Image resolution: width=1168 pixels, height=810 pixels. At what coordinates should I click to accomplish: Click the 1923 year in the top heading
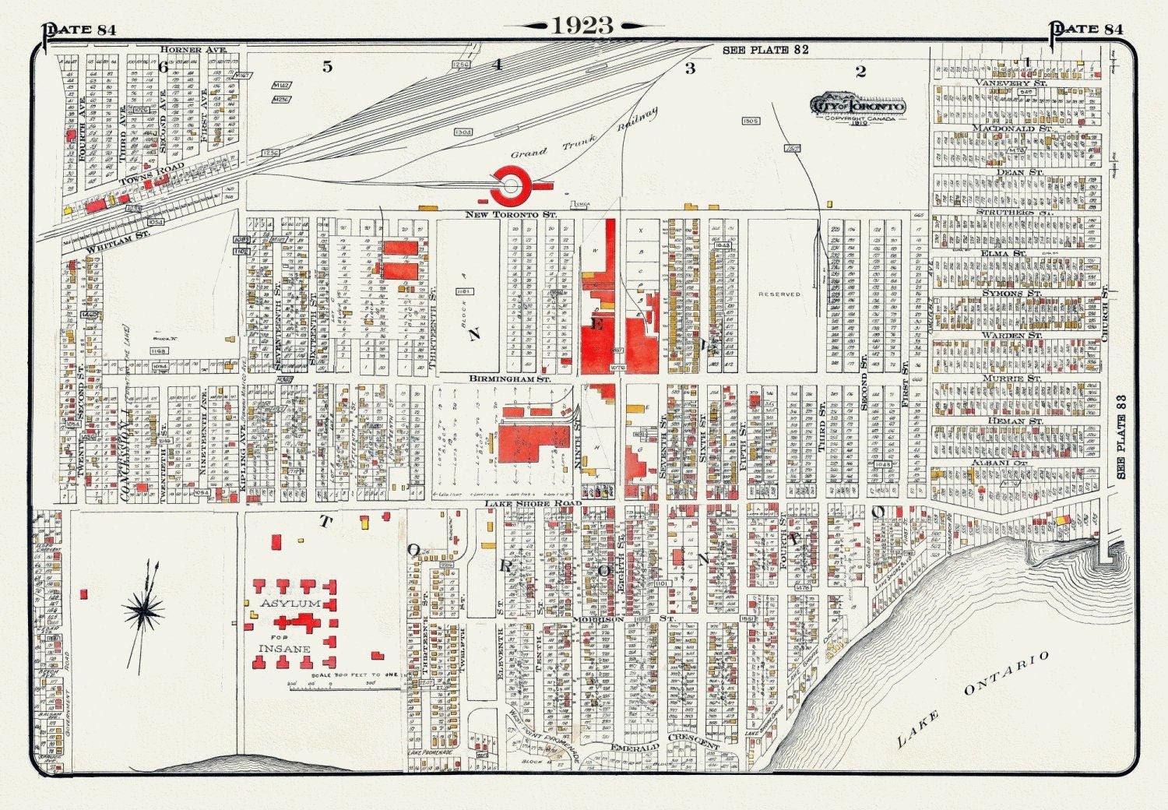click(583, 26)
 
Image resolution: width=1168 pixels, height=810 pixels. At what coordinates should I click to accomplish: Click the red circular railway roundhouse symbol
click(511, 185)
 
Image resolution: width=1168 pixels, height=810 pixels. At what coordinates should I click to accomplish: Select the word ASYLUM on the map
click(290, 604)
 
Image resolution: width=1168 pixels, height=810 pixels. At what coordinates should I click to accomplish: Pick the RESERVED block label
click(779, 294)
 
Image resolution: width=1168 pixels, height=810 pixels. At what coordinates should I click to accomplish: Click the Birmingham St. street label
click(510, 379)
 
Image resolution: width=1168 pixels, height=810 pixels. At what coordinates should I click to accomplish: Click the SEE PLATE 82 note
click(765, 50)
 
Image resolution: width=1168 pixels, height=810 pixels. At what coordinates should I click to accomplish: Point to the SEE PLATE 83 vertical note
click(1122, 436)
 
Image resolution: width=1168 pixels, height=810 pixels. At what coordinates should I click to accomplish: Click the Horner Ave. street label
click(193, 50)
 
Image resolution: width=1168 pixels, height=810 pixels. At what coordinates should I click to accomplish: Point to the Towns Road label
click(152, 174)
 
